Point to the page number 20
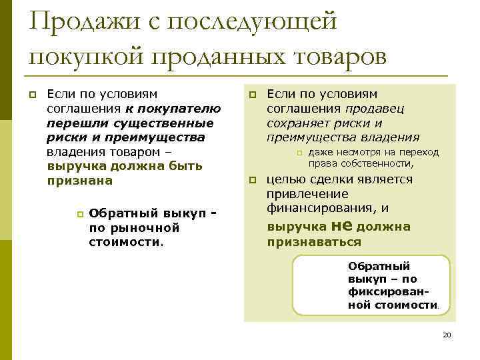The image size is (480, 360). [447, 335]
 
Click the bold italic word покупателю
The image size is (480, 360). [175, 108]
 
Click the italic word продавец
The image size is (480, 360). [375, 108]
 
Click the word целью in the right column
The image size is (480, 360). [286, 179]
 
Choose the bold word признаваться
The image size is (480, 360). [314, 242]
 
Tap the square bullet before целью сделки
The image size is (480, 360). [253, 181]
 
